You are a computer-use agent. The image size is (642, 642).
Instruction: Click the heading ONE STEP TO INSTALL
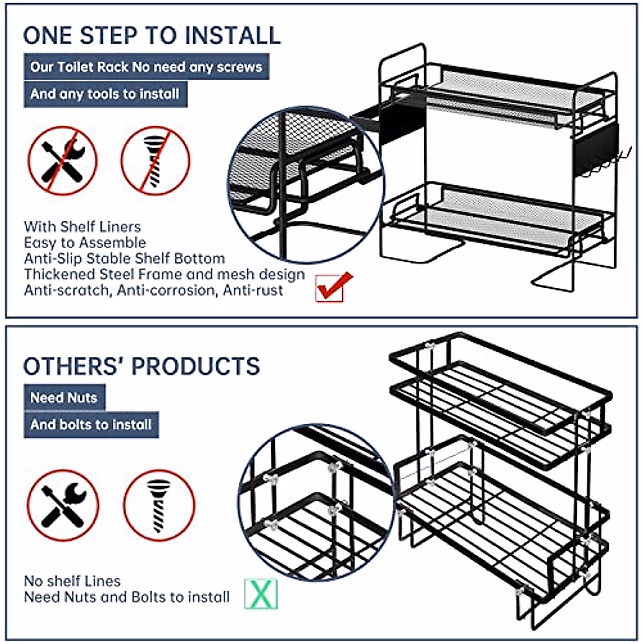[152, 35]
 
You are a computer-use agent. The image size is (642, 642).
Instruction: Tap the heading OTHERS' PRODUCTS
[142, 366]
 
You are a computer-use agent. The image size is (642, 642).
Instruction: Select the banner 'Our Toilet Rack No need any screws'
[146, 67]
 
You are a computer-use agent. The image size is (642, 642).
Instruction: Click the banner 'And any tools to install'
[105, 94]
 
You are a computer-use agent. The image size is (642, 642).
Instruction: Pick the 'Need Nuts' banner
[64, 398]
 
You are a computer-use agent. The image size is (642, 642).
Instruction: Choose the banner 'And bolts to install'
[91, 425]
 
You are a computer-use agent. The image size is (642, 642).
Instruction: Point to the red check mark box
[330, 287]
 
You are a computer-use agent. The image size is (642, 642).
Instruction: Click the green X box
[261, 593]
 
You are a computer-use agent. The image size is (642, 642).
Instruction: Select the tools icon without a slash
[63, 505]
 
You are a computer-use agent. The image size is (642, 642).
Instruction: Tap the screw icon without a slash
[159, 505]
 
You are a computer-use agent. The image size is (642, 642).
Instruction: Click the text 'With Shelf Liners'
[82, 226]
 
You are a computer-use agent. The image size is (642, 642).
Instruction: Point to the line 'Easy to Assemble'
[85, 242]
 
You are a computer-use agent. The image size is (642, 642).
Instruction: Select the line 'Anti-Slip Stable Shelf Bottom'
[124, 258]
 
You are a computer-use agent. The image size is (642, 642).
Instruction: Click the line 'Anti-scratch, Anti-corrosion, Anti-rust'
[154, 291]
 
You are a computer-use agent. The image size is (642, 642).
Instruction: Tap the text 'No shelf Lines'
[72, 581]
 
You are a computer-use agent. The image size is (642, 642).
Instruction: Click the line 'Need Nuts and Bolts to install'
[127, 597]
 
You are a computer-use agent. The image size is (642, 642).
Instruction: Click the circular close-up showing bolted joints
[315, 503]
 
